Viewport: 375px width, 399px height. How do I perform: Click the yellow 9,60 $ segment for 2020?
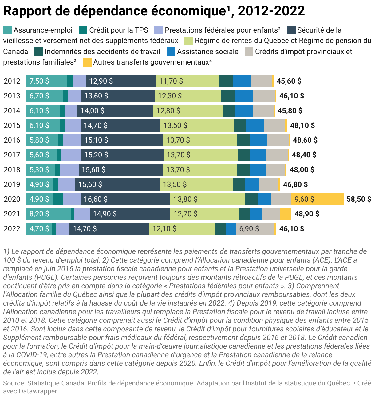pos(317,199)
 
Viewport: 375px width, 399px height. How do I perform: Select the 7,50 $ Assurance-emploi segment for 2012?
pos(47,81)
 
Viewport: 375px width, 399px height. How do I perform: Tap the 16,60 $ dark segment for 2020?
pos(125,199)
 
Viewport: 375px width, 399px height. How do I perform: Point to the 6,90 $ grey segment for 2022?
pos(255,229)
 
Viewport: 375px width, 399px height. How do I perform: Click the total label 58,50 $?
pos(359,199)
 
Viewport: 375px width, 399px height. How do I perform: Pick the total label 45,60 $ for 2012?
pos(289,81)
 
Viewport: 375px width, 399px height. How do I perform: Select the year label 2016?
pos(12,140)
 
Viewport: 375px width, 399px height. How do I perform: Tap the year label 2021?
pos(12,214)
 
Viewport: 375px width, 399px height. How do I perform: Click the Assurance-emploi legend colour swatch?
pos(7,30)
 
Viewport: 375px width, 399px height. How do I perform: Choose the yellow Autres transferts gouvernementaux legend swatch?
pos(87,62)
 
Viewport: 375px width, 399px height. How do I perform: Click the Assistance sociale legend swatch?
pos(171,52)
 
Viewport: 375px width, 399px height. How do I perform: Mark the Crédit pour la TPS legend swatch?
pos(83,30)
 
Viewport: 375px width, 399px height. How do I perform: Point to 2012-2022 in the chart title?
pos(271,11)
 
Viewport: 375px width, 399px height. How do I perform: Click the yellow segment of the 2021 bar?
pos(286,214)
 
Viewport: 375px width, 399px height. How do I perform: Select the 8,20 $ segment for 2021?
pos(49,214)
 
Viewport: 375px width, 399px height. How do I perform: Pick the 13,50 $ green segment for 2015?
pos(197,125)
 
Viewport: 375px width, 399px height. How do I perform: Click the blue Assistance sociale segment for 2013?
pos(244,96)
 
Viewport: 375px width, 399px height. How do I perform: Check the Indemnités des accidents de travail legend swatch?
pos(39,52)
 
